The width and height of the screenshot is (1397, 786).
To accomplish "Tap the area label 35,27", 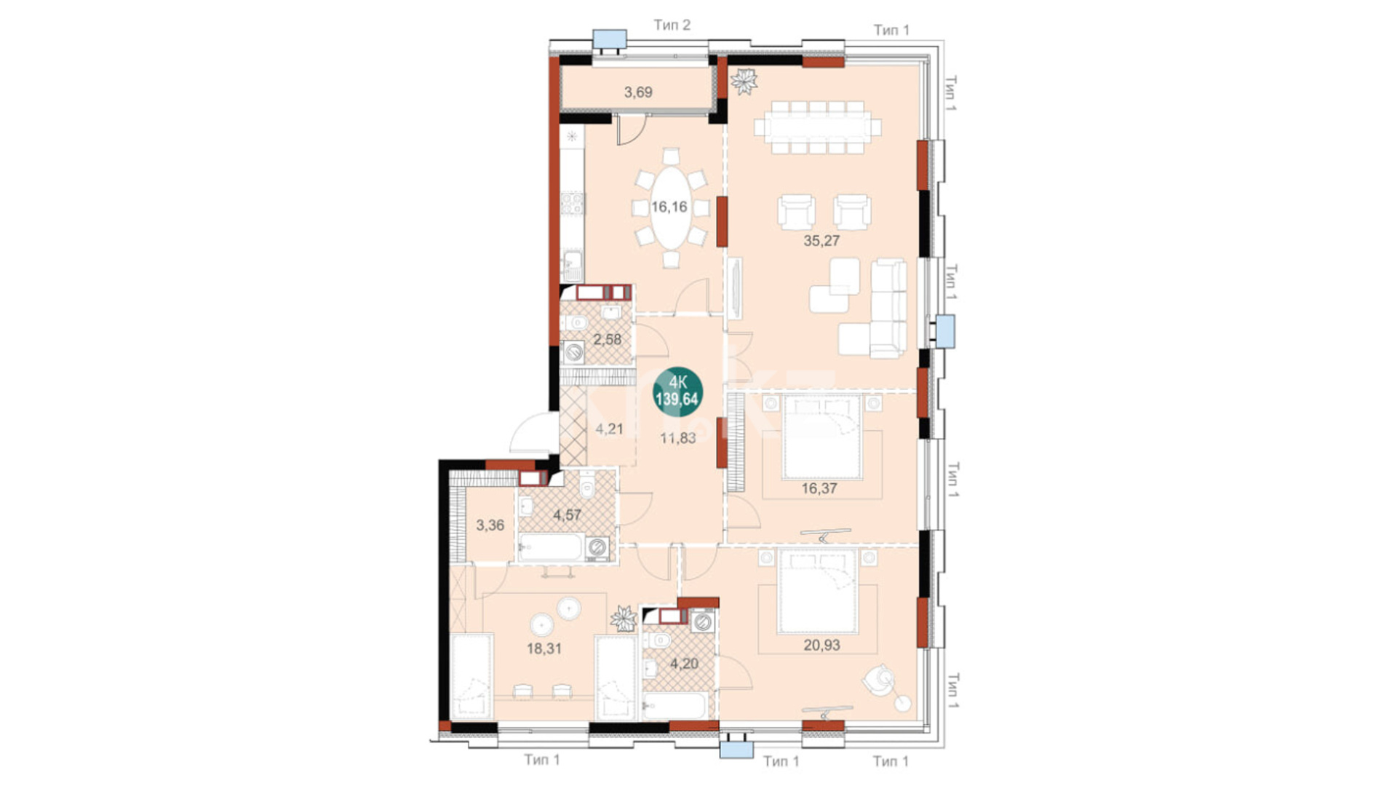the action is pyautogui.click(x=821, y=241).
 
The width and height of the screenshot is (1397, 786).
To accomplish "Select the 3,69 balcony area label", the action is pyautogui.click(x=638, y=92).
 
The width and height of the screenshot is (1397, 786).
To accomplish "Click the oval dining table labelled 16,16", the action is pyautogui.click(x=670, y=207).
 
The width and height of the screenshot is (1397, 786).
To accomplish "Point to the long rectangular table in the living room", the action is pyautogui.click(x=817, y=127).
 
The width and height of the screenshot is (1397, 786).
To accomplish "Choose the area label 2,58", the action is pyautogui.click(x=607, y=339).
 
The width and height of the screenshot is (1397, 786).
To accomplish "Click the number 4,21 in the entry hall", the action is pyautogui.click(x=609, y=429).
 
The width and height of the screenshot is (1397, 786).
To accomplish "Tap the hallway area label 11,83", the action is pyautogui.click(x=677, y=438).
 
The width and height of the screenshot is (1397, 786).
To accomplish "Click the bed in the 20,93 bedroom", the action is pyautogui.click(x=817, y=591).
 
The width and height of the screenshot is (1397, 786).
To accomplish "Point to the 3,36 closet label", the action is pyautogui.click(x=490, y=525).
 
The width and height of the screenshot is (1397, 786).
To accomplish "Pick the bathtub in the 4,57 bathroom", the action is pyautogui.click(x=551, y=548).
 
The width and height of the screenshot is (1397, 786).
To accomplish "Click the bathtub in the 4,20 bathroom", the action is pyautogui.click(x=674, y=705).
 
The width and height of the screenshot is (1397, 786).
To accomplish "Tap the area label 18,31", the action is pyautogui.click(x=544, y=648).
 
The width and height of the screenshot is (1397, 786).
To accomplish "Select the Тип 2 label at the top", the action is pyautogui.click(x=672, y=25).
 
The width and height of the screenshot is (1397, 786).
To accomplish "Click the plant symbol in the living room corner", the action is pyautogui.click(x=744, y=81).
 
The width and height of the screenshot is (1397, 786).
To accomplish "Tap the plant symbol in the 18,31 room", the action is pyautogui.click(x=624, y=618).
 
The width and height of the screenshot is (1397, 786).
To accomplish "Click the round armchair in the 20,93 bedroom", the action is pyautogui.click(x=879, y=680).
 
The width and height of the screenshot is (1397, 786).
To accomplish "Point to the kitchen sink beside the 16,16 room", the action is pyautogui.click(x=573, y=266).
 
